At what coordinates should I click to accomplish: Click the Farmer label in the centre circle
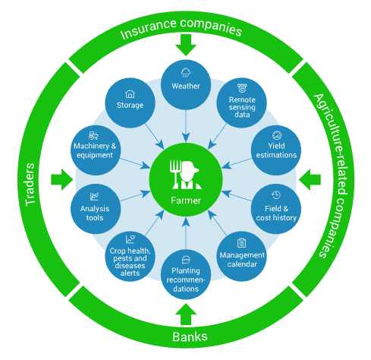click(186, 201)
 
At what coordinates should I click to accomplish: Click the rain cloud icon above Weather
click(186, 72)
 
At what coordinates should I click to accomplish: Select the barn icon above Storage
click(130, 94)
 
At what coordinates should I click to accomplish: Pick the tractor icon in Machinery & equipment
click(93, 136)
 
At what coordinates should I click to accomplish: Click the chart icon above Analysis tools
click(94, 197)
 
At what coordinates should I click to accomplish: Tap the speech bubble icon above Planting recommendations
click(186, 260)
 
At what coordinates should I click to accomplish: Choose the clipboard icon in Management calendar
click(241, 243)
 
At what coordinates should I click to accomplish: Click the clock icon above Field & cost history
click(276, 194)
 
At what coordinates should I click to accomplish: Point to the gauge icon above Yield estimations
click(277, 135)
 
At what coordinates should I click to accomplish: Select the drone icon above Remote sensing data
click(242, 88)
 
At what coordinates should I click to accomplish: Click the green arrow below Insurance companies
click(186, 45)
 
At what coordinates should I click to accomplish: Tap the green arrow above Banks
click(186, 314)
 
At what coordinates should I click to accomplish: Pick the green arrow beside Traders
click(62, 180)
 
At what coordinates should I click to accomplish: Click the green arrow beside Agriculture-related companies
click(310, 180)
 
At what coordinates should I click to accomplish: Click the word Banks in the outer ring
click(190, 336)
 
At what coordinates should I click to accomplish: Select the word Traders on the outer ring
click(30, 184)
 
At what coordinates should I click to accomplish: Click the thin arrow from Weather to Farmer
click(186, 126)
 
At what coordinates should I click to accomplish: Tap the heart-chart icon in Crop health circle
click(130, 239)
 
